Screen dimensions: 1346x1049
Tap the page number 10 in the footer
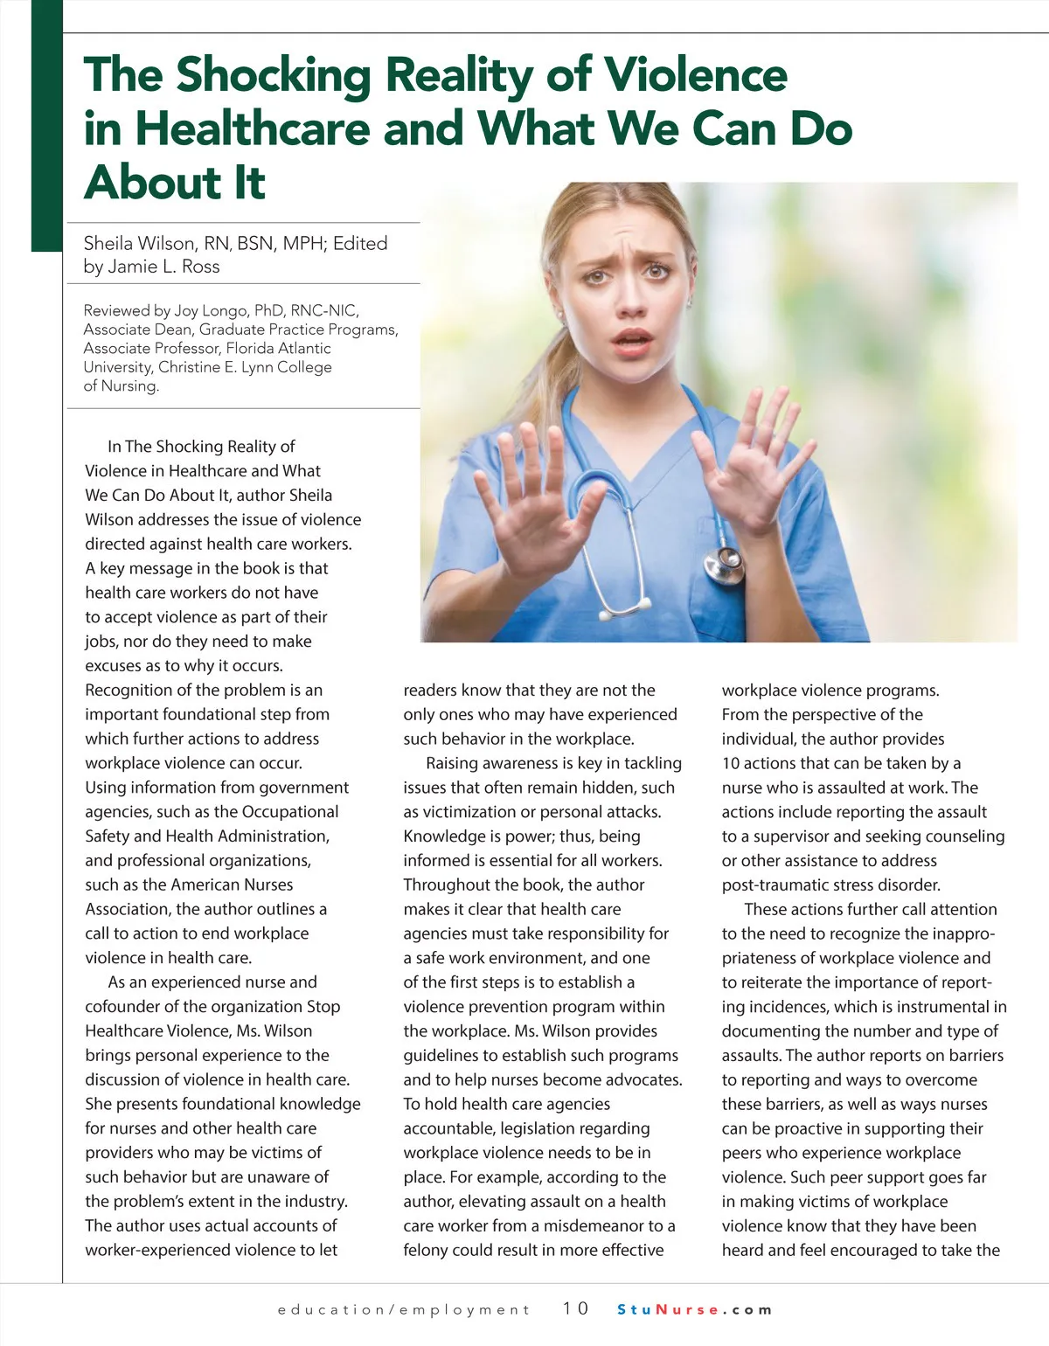[x=575, y=1308]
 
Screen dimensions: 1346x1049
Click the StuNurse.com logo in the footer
[x=695, y=1309]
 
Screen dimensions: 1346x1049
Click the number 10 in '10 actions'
[x=730, y=763]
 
